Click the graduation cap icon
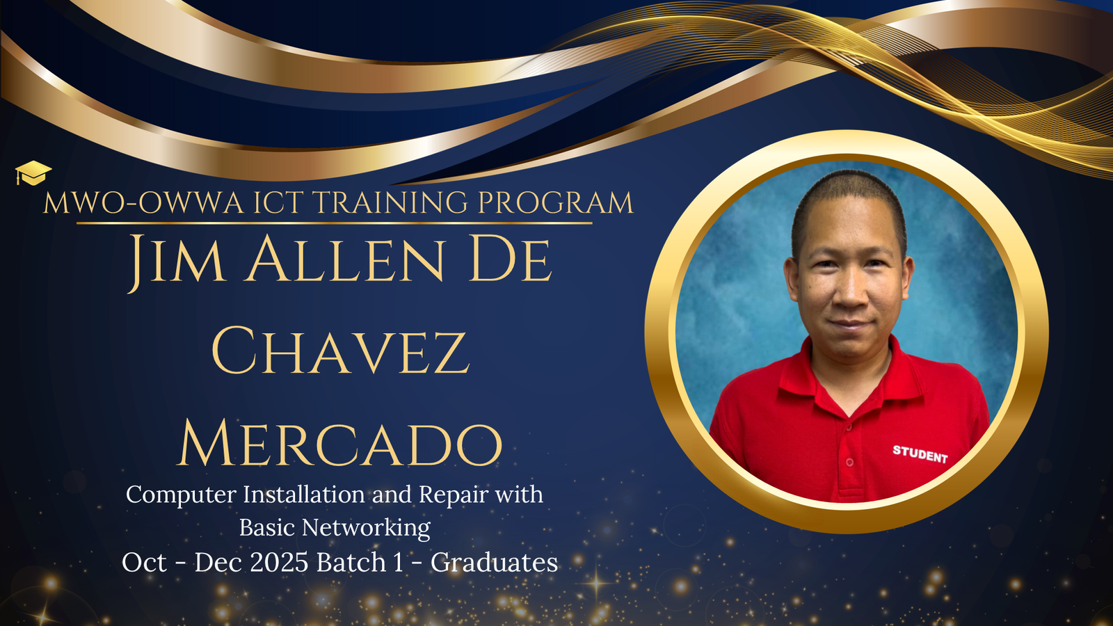[33, 173]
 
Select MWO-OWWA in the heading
[143, 202]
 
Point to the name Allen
[346, 258]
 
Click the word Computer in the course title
[181, 495]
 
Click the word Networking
[366, 529]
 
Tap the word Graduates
[495, 563]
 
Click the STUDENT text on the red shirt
[920, 454]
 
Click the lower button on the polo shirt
[849, 463]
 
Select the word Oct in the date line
[144, 563]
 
